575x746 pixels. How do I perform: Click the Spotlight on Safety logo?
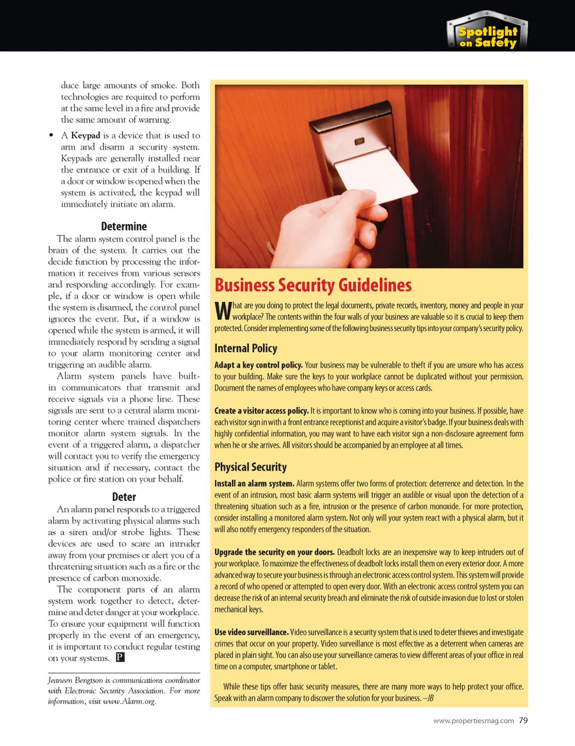click(487, 32)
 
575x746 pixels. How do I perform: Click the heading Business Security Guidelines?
click(313, 285)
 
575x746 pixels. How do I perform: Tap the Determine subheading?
click(124, 226)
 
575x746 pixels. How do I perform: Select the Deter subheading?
click(124, 497)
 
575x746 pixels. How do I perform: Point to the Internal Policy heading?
click(246, 348)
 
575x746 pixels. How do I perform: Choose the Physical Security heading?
click(250, 467)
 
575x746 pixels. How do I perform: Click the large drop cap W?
click(223, 311)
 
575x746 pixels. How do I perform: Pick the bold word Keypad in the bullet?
click(86, 135)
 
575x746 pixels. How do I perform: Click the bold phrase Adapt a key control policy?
click(258, 365)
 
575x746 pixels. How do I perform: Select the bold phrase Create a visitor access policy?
click(261, 410)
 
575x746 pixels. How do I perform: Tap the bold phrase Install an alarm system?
click(254, 484)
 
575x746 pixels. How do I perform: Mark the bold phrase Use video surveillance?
click(252, 632)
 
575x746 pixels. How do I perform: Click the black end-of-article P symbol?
click(120, 657)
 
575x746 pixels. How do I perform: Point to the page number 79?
click(523, 720)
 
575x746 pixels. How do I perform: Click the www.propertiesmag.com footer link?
click(473, 721)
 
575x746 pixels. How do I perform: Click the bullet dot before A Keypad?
click(52, 135)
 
